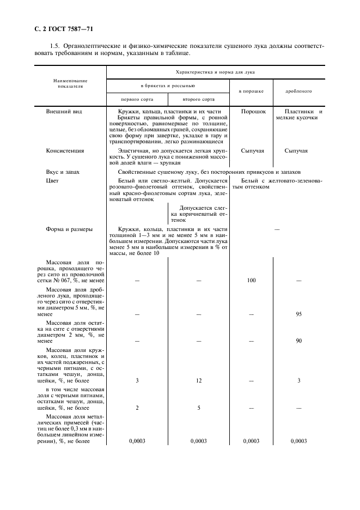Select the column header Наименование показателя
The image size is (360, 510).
click(70, 83)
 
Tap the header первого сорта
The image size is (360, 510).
click(137, 100)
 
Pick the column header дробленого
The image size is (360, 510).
click(298, 92)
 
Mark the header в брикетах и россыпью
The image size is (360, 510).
click(168, 86)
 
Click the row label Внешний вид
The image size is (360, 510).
click(64, 111)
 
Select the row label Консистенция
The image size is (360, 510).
click(65, 151)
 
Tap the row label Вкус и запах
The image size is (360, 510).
click(63, 172)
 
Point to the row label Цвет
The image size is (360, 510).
click(52, 180)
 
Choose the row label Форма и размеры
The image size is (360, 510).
click(69, 229)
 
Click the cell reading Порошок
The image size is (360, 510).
click(253, 111)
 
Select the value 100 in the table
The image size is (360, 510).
click(251, 280)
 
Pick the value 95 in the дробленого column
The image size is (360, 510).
click(298, 314)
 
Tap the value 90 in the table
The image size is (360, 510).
click(298, 341)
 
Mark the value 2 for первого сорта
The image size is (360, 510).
click(137, 407)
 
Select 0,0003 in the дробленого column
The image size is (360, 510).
click(298, 441)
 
